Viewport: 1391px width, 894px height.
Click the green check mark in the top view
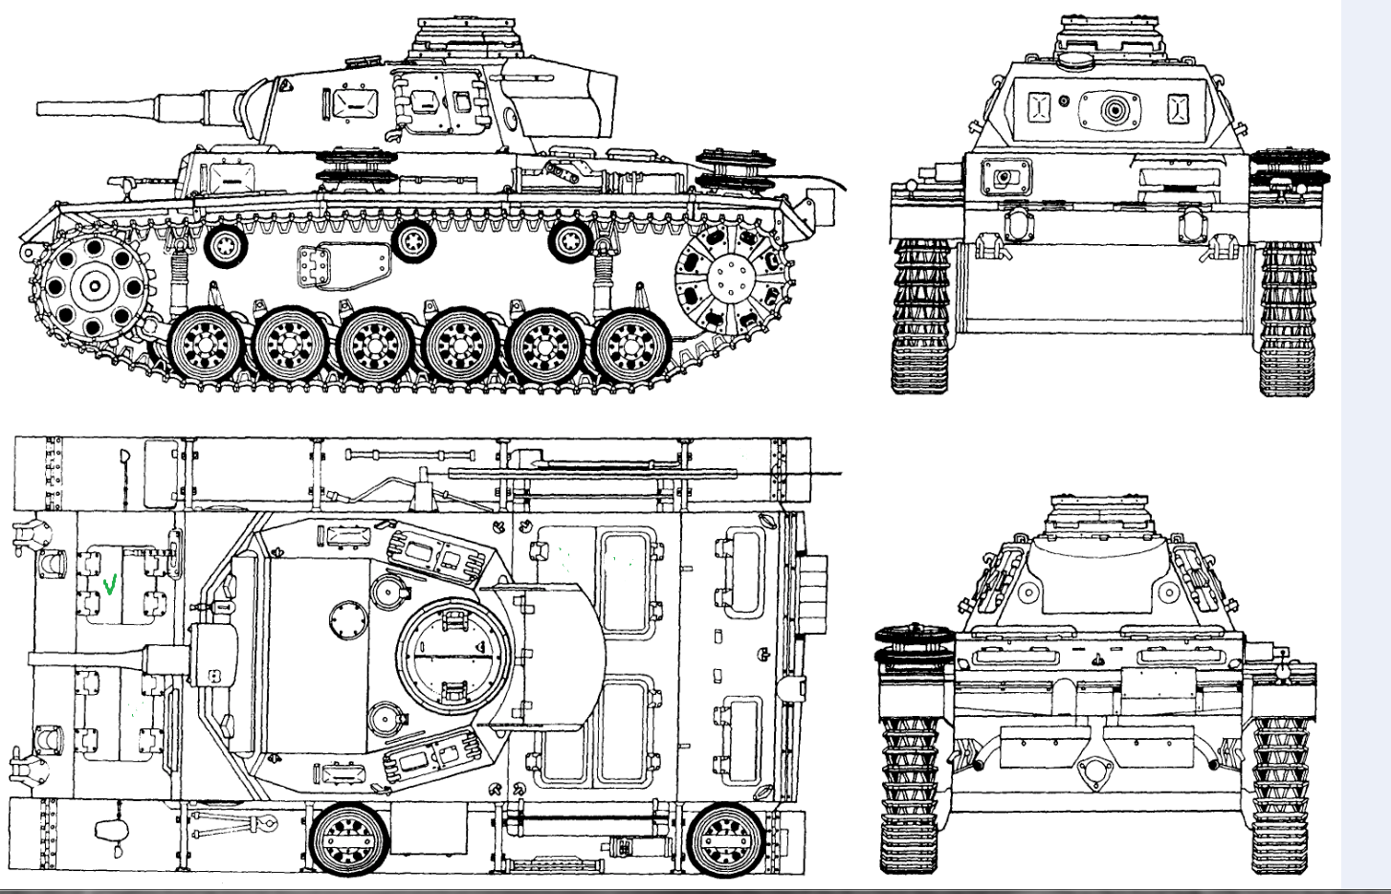[x=111, y=583]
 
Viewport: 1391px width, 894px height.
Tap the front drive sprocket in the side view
[x=95, y=284]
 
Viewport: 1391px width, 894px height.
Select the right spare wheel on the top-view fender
[x=725, y=839]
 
